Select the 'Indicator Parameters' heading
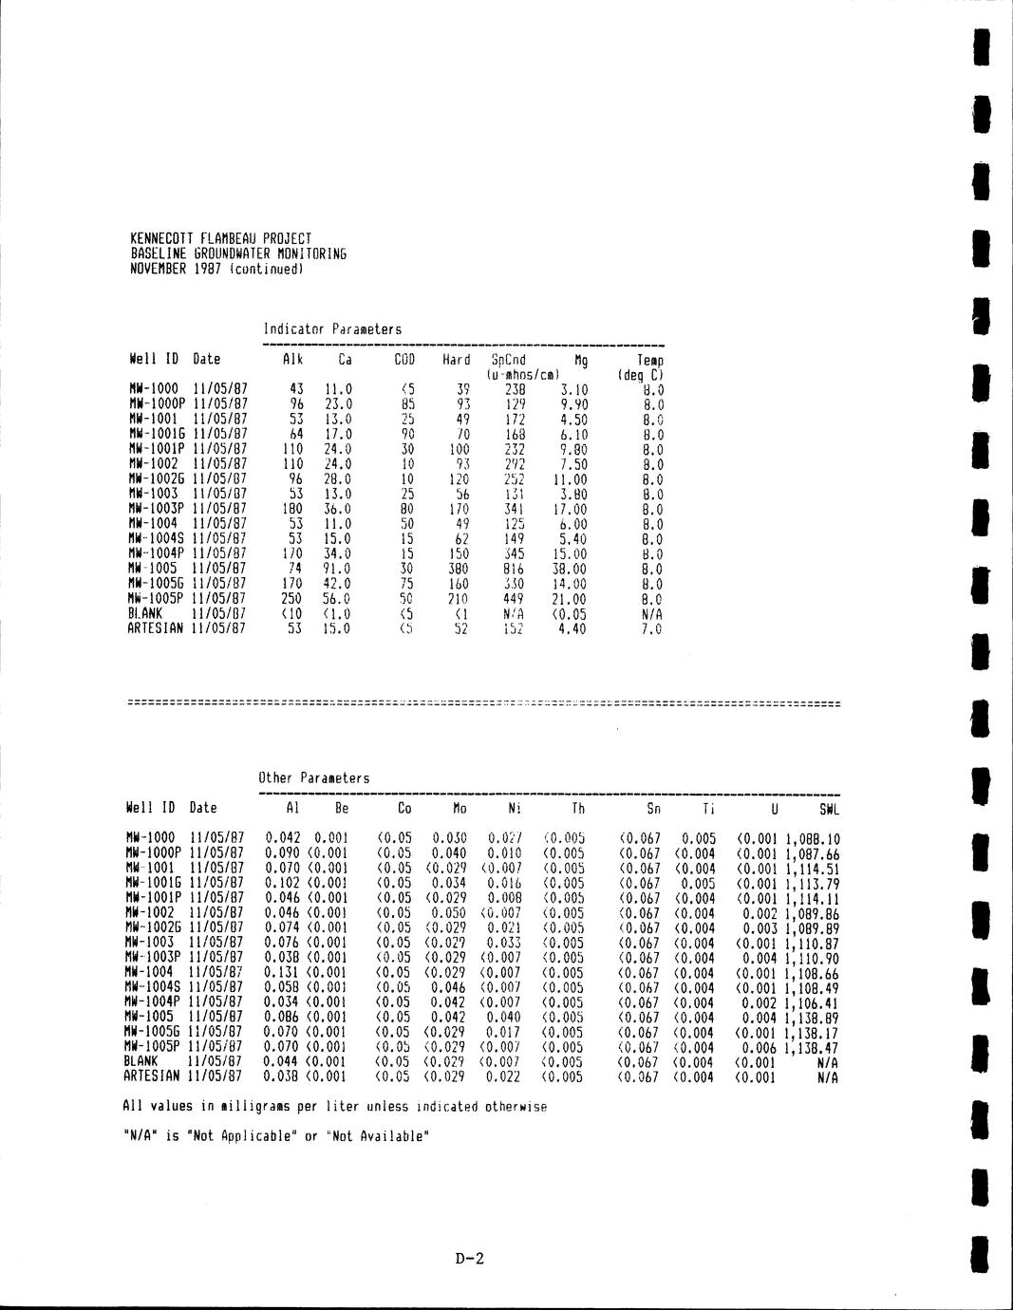point(332,329)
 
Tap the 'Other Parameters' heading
point(313,778)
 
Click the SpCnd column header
point(508,360)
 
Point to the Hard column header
point(456,360)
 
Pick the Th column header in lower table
point(578,809)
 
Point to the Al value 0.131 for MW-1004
point(283,973)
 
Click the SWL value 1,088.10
point(813,839)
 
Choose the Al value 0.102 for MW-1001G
point(283,883)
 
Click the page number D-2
point(470,1260)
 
